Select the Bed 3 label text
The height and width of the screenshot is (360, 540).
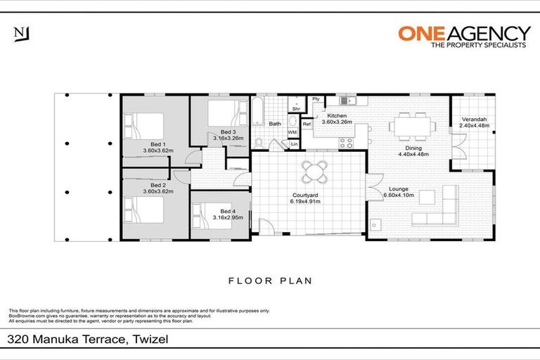[x=227, y=135]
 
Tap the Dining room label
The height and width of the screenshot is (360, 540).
[x=413, y=150]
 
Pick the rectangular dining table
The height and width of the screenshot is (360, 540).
[x=411, y=127]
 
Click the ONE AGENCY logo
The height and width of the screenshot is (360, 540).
[x=463, y=34]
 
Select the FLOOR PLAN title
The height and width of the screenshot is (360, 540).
[x=270, y=281]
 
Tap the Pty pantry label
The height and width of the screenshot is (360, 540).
[x=316, y=99]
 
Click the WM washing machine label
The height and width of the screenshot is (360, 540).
[x=292, y=131]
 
